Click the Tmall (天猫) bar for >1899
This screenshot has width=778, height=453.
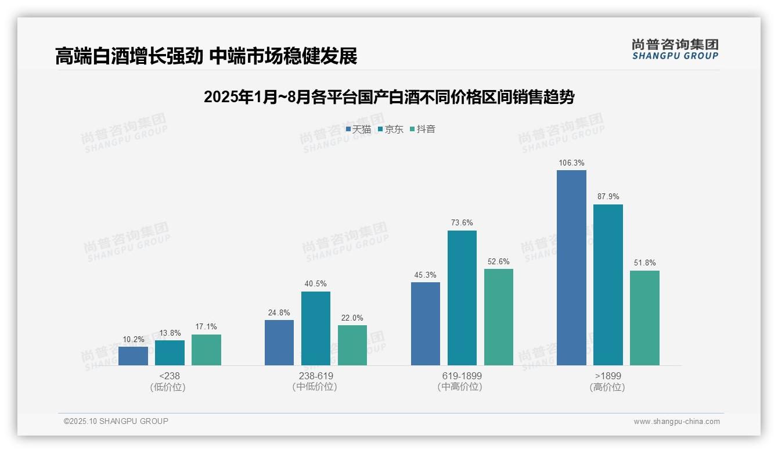(x=571, y=268)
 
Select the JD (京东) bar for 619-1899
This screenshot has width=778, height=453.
(x=462, y=298)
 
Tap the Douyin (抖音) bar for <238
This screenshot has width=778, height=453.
(x=206, y=350)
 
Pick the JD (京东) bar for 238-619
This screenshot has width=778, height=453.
(x=316, y=328)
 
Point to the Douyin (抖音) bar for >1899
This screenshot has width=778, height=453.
(x=644, y=318)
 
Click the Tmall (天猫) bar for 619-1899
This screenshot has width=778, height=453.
(x=426, y=323)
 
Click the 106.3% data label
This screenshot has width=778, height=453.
(x=571, y=163)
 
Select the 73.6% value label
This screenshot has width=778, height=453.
(x=462, y=223)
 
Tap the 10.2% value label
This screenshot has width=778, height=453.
(x=133, y=340)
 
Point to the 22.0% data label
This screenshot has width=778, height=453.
(x=352, y=318)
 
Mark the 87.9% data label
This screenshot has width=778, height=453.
(x=608, y=197)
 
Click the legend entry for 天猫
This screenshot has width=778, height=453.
(x=358, y=130)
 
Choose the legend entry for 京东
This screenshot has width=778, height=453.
(x=391, y=130)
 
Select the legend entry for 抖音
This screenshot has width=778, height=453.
(x=423, y=130)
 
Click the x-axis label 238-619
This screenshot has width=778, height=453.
(x=316, y=376)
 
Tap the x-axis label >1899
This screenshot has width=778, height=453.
(x=608, y=376)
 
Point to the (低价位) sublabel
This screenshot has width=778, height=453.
(x=170, y=387)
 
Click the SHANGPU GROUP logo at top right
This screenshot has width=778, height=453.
(x=675, y=49)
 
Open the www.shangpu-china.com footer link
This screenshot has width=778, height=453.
(x=676, y=422)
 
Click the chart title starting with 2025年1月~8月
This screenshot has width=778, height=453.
(x=388, y=97)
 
